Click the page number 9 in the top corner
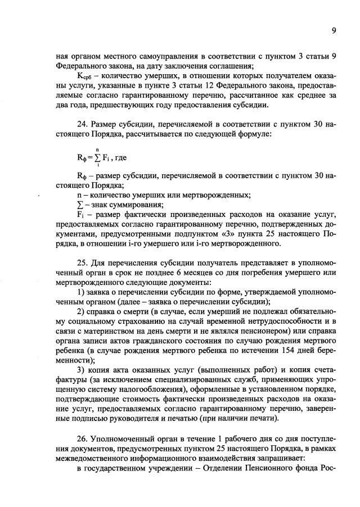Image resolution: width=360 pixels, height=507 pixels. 334,31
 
